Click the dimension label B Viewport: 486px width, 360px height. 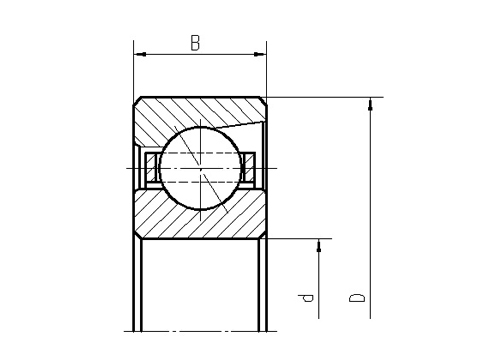(x=196, y=42)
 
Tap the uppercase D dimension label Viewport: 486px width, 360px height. (x=357, y=297)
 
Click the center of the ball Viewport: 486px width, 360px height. (x=200, y=166)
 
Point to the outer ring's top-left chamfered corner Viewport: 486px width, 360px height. (x=138, y=101)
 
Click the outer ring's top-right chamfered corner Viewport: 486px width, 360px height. (x=263, y=101)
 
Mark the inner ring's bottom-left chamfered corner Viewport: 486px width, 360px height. (x=138, y=234)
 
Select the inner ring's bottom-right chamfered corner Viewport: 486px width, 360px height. (x=263, y=234)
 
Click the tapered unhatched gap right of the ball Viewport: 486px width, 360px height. (x=255, y=134)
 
